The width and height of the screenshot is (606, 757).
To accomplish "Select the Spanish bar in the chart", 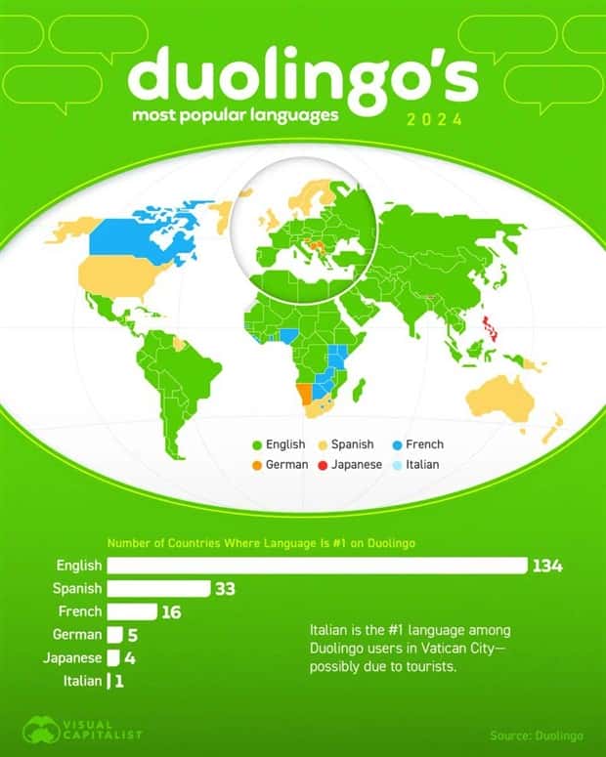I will pyautogui.click(x=158, y=588).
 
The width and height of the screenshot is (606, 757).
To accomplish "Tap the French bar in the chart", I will pyautogui.click(x=132, y=611).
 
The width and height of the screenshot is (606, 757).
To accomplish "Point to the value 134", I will pyautogui.click(x=547, y=566).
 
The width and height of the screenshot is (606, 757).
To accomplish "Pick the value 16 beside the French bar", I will pyautogui.click(x=172, y=611).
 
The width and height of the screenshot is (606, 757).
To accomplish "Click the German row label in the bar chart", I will pyautogui.click(x=79, y=635).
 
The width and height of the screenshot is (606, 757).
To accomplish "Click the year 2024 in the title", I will pyautogui.click(x=434, y=121).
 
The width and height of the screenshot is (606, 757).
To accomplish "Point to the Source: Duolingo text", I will pyautogui.click(x=537, y=734).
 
